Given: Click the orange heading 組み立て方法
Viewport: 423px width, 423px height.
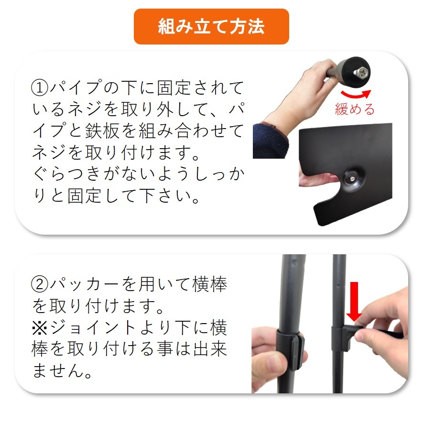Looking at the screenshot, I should click(x=211, y=26).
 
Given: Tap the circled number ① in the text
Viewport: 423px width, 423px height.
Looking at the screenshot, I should click(x=41, y=88).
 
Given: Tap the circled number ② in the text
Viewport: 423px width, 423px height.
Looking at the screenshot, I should click(x=41, y=285).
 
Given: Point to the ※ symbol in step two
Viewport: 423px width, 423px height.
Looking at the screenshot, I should click(x=40, y=328).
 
